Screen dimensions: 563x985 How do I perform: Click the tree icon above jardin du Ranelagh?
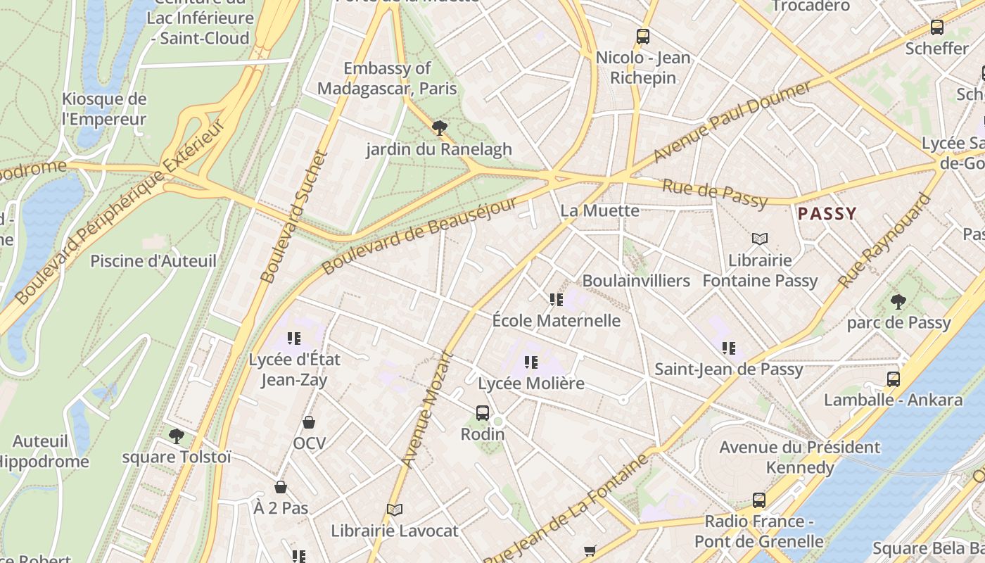pos(440,128)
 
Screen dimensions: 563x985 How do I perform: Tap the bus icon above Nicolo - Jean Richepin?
pos(642,37)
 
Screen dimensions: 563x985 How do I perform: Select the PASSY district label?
pos(827,213)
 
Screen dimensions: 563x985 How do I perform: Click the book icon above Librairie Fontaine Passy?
pos(760,239)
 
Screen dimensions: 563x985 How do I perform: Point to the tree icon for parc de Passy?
pos(898,302)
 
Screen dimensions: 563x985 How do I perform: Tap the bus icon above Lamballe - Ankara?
pos(893,379)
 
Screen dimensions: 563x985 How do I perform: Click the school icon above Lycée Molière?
pos(531,362)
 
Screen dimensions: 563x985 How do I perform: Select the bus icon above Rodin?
pos(482,413)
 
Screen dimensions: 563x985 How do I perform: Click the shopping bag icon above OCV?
pos(308,422)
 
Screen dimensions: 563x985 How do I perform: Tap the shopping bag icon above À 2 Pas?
pos(280,487)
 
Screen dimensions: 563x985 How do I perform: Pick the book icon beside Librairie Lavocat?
pos(395,510)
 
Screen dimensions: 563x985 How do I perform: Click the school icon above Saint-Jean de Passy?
pos(728,348)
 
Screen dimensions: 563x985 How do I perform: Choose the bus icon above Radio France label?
pos(758,500)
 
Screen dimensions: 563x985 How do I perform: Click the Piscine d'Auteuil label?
pos(153,261)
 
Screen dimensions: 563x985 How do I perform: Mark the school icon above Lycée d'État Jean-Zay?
pos(294,339)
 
